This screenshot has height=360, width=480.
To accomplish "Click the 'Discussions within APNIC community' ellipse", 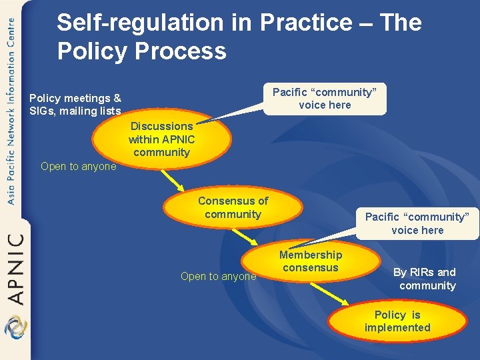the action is [161, 139].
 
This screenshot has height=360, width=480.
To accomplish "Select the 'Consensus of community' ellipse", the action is [233, 207].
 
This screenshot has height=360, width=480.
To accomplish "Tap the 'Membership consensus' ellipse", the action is [310, 261].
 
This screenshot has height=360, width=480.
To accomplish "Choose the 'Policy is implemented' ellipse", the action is [397, 321].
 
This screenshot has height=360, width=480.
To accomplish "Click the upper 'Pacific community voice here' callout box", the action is [325, 99].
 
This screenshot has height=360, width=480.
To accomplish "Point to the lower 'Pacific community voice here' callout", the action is [417, 223].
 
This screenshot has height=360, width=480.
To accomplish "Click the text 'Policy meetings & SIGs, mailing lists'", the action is [75, 105].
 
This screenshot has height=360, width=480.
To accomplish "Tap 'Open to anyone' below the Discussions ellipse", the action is [78, 167].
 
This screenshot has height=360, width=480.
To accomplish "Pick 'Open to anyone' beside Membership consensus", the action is [218, 277].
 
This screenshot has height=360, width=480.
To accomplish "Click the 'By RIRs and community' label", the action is [425, 279].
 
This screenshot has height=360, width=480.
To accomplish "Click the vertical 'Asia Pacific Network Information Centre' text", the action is [11, 110].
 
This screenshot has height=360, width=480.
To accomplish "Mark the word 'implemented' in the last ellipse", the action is [397, 327].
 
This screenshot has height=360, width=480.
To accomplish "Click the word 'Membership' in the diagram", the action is [311, 255].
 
